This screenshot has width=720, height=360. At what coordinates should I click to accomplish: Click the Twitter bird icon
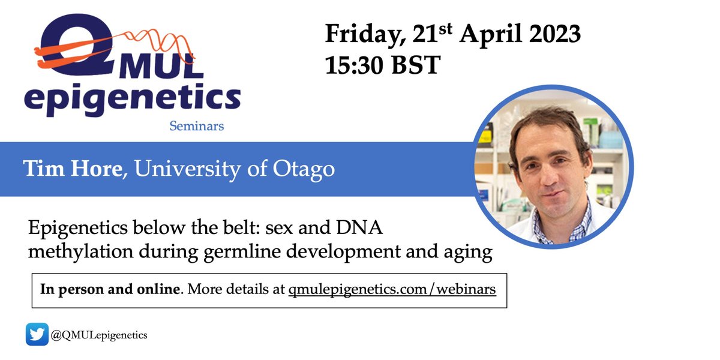pyautogui.click(x=37, y=335)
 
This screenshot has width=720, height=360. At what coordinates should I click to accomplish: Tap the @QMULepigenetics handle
pyautogui.click(x=99, y=335)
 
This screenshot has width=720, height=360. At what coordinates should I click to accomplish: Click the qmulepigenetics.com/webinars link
pyautogui.click(x=392, y=290)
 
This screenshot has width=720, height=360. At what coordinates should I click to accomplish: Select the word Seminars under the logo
pyautogui.click(x=196, y=126)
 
